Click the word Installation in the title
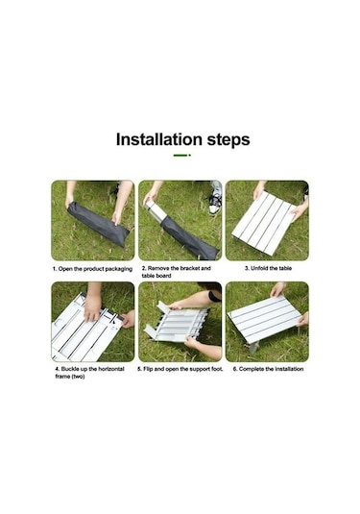pyautogui.click(x=158, y=139)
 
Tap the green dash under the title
pyautogui.click(x=181, y=155)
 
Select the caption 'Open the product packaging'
pyautogui.click(x=95, y=269)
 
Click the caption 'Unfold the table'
pyautogui.click(x=272, y=268)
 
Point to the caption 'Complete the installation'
pyautogui.click(x=272, y=369)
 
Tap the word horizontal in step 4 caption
pyautogui.click(x=111, y=369)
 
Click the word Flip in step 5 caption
pyautogui.click(x=148, y=369)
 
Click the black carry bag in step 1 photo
pyautogui.click(x=98, y=224)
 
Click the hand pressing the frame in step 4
pyautogui.click(x=92, y=307)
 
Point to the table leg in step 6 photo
pyautogui.click(x=254, y=347)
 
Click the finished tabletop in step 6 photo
pyautogui.click(x=264, y=319)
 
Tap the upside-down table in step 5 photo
pyautogui.click(x=178, y=324)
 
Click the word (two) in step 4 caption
pyautogui.click(x=79, y=377)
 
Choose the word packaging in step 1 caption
pyautogui.click(x=119, y=269)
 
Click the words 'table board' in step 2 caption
pyautogui.click(x=156, y=276)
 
